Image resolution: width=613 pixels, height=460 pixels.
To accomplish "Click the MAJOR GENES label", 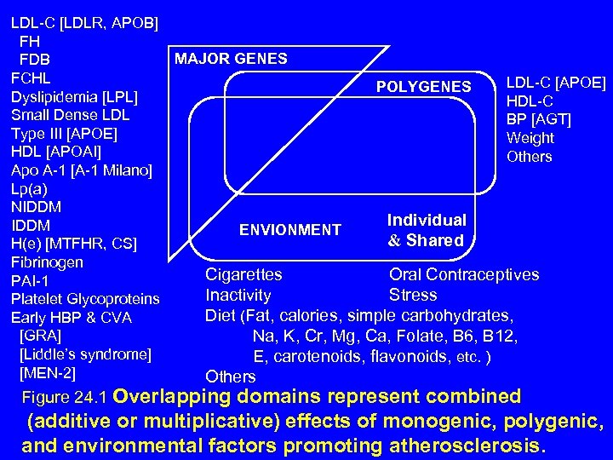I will click(231, 59).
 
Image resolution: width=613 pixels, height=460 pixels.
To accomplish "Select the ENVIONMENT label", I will click(289, 230).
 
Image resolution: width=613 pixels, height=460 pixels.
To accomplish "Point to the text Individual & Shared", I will click(426, 230).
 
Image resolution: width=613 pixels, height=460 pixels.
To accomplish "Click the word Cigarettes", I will click(243, 274).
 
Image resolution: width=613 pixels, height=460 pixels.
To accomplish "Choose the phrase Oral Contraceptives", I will click(463, 274).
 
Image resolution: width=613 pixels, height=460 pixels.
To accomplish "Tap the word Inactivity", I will click(238, 296).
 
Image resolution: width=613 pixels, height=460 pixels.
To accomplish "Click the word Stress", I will click(412, 296).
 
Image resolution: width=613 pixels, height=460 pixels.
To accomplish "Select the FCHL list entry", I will click(31, 78).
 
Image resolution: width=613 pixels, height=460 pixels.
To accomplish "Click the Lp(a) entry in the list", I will click(31, 189).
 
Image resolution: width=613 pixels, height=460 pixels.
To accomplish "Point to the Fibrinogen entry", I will click(47, 262).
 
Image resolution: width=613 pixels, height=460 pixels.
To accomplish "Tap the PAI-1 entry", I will click(30, 281).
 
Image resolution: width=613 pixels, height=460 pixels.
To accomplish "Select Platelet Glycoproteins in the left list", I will click(84, 299).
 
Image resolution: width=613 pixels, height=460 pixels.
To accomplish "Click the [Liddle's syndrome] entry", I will click(84, 354).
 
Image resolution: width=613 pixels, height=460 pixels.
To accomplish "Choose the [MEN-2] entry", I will click(47, 373).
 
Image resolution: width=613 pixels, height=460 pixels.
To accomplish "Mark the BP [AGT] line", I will click(538, 119).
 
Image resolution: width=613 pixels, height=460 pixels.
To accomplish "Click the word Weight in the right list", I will click(530, 138).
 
